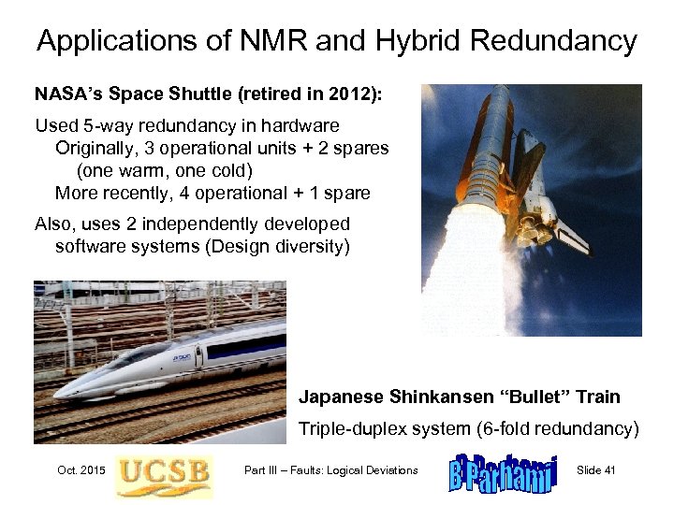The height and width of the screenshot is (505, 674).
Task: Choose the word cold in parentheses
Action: point(231,171)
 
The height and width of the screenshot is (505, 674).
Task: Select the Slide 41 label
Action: point(596,469)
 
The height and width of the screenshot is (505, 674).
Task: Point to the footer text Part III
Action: point(268,469)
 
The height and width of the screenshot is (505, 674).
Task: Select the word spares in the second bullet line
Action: point(364,149)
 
